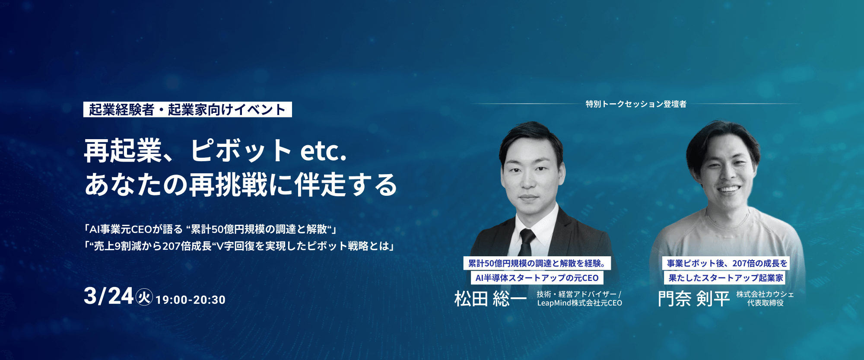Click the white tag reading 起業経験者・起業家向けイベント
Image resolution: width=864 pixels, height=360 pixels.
pyautogui.click(x=187, y=109)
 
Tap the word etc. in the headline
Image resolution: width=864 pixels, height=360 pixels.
pyautogui.click(x=323, y=151)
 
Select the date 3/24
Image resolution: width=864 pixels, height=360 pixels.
pyautogui.click(x=108, y=296)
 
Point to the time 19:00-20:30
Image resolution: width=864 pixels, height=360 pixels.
pyautogui.click(x=191, y=299)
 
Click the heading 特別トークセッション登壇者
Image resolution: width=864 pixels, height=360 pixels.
pyautogui.click(x=636, y=104)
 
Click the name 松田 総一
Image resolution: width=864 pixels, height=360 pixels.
pyautogui.click(x=490, y=299)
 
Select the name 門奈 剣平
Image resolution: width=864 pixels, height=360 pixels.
pyautogui.click(x=694, y=299)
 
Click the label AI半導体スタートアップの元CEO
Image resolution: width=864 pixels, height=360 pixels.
pyautogui.click(x=537, y=278)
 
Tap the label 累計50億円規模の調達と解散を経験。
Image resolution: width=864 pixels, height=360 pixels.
pyautogui.click(x=537, y=263)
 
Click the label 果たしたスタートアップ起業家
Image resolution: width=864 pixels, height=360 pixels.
pyautogui.click(x=726, y=278)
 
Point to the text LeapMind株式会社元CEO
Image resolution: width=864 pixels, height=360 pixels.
pyautogui.click(x=580, y=303)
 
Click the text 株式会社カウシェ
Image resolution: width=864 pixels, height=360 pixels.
pyautogui.click(x=765, y=294)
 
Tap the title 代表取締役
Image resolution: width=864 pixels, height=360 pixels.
pyautogui.click(x=765, y=303)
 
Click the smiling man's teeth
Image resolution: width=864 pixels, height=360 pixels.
pyautogui.click(x=729, y=189)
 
